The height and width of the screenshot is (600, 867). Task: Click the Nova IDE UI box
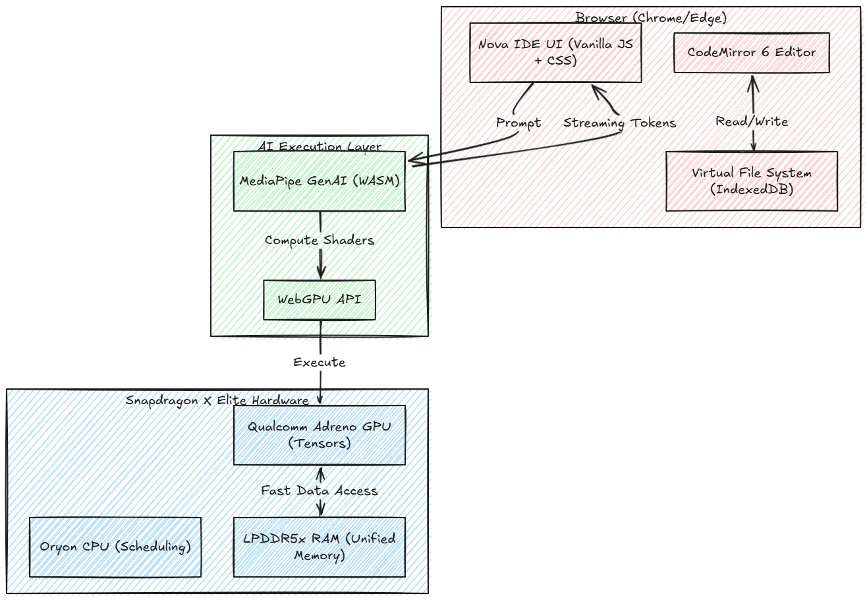[x=555, y=53]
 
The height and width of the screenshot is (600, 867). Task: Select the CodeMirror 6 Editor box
[x=751, y=53]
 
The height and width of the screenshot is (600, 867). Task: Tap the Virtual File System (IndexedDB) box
[x=752, y=181]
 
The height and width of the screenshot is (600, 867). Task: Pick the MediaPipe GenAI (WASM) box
[x=320, y=181]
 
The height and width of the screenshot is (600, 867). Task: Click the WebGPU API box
[x=320, y=300]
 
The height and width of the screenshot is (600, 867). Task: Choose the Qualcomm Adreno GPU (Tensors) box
[x=320, y=435]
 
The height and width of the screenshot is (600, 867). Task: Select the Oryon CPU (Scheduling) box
[x=115, y=547]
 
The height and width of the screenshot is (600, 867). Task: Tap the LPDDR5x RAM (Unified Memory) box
[x=320, y=547]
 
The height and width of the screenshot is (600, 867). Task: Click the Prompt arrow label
[x=518, y=123]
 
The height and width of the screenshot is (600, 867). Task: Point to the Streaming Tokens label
[x=619, y=123]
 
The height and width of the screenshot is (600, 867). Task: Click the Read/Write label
[x=752, y=121]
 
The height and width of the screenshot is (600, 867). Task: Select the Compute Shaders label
[x=320, y=240]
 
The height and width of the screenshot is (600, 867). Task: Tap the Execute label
[x=320, y=362]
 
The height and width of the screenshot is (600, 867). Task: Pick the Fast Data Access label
[x=320, y=491]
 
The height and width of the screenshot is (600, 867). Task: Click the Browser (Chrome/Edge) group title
[x=651, y=18]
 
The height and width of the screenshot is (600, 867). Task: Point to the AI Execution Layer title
[x=320, y=146]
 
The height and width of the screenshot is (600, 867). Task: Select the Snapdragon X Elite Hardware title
[x=217, y=400]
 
